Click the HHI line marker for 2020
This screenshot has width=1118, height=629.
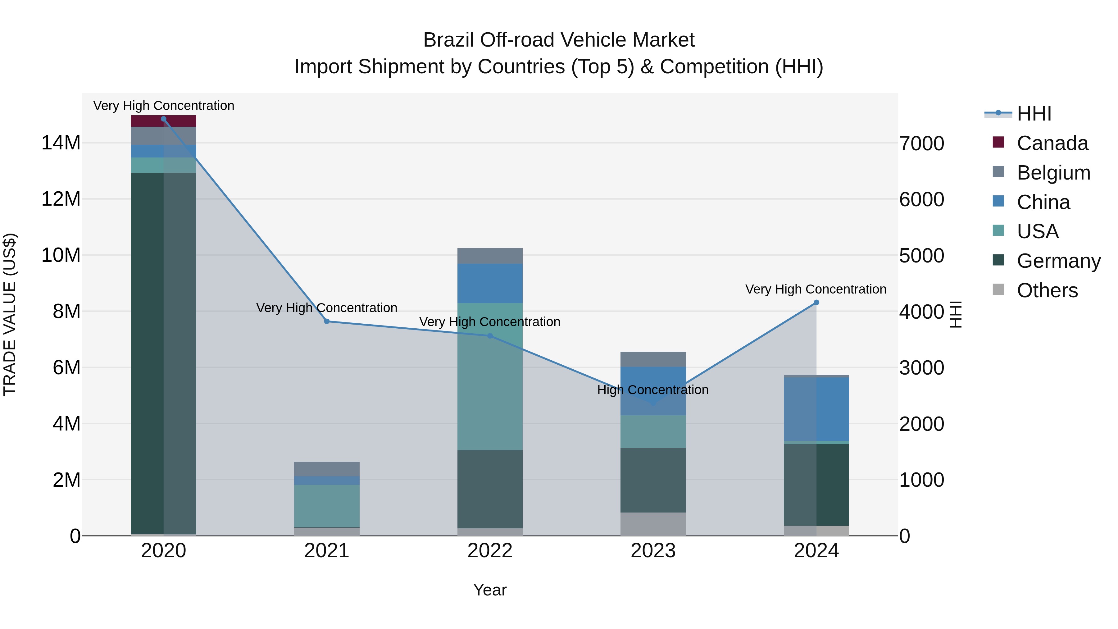click(164, 119)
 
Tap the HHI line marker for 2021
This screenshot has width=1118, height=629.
click(327, 321)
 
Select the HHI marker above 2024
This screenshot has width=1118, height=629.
click(816, 303)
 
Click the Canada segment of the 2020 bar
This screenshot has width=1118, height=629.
click(164, 121)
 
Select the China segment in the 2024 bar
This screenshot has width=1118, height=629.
click(816, 409)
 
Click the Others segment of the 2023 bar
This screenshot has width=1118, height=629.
click(653, 524)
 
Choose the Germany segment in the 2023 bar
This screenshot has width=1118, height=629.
click(653, 480)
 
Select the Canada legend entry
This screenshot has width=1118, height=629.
click(1052, 143)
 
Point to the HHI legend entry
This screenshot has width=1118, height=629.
click(1034, 114)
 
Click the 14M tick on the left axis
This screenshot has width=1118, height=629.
click(61, 143)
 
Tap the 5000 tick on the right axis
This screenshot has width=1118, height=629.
click(921, 255)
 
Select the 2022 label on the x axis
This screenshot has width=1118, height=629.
click(490, 551)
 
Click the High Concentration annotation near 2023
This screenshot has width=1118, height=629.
click(653, 390)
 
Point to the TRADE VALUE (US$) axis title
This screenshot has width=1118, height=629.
click(10, 314)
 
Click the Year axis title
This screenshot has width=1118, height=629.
click(490, 590)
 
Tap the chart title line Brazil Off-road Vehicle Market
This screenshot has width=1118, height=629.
click(559, 40)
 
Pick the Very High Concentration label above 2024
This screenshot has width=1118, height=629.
click(816, 289)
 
